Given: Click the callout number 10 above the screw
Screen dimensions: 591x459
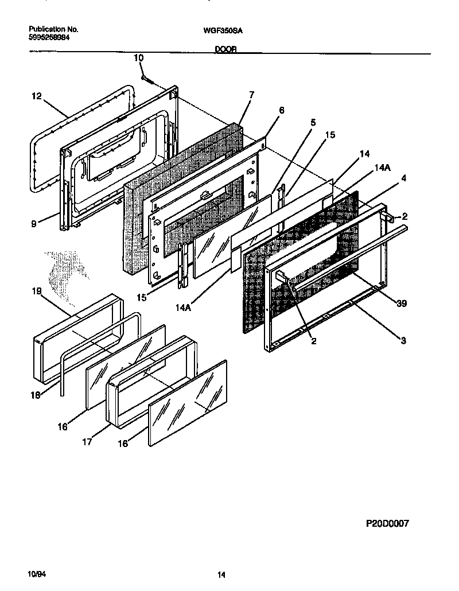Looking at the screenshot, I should pos(139,58).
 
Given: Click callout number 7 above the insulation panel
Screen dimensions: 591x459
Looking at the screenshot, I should pos(251,95).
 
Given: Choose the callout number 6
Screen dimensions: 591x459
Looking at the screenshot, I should pos(281,110).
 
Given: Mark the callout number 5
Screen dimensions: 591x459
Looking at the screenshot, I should pos(313,122).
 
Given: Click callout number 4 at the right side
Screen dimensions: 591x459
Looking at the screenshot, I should pos(403,178).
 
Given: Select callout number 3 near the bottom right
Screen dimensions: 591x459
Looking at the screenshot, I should pos(403,340).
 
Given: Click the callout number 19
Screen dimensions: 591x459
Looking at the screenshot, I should pos(36,291).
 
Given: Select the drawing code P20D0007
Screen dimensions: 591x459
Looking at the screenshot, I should pos(387,524).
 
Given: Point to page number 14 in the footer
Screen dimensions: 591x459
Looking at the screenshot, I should pos(221,574).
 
